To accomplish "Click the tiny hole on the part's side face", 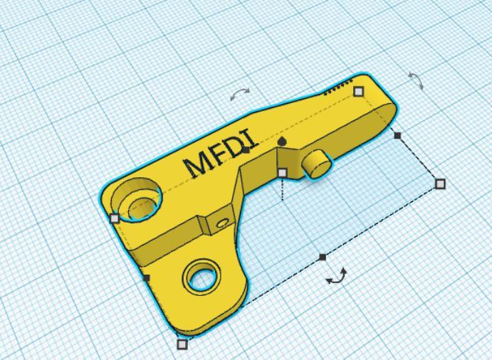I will point(222,223).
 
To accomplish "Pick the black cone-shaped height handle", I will point(283,142).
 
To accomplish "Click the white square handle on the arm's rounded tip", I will point(359,91).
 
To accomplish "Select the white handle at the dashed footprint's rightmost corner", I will point(440,184).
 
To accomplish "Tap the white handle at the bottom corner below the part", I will point(182,344).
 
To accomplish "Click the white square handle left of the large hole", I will point(115,218).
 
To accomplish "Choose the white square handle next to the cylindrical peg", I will point(283,172).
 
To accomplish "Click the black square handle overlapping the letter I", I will point(246,149).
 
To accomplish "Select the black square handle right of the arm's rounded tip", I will point(397,135).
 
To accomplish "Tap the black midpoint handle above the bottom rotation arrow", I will point(323,257).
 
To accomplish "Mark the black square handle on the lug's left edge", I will point(147,277).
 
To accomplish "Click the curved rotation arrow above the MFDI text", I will point(240,92).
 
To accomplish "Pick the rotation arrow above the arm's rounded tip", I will point(416,80).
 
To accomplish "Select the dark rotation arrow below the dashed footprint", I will point(337,276).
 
